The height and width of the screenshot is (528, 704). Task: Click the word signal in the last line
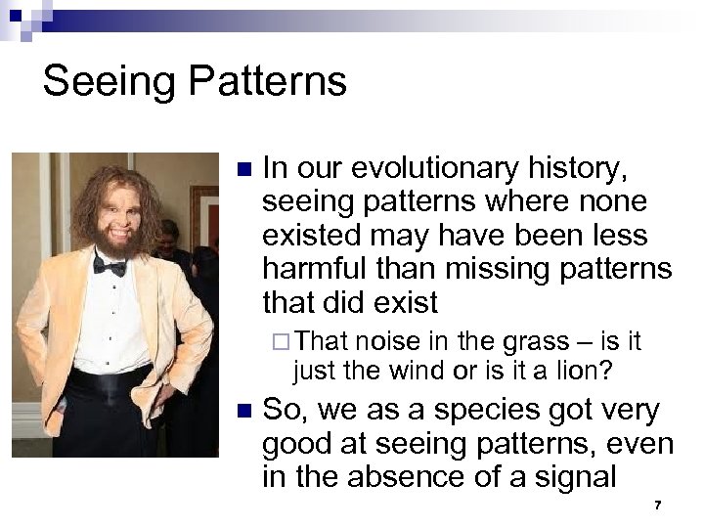pos(583,478)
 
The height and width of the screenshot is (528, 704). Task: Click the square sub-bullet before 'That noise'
pos(282,343)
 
